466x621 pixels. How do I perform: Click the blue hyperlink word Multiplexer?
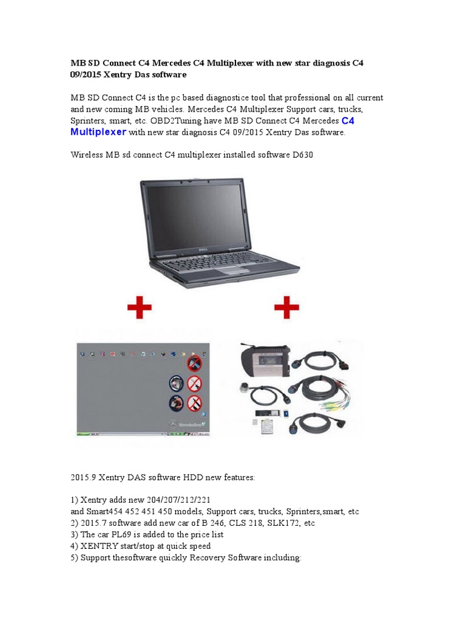coord(98,132)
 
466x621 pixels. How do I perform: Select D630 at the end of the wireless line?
coord(303,155)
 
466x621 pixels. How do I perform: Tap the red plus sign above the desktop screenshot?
coord(140,307)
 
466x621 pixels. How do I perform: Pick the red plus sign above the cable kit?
coord(286,307)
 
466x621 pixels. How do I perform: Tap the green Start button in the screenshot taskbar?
coord(83,434)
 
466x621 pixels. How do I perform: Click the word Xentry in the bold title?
coord(118,75)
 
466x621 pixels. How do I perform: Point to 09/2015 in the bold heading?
coord(85,75)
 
